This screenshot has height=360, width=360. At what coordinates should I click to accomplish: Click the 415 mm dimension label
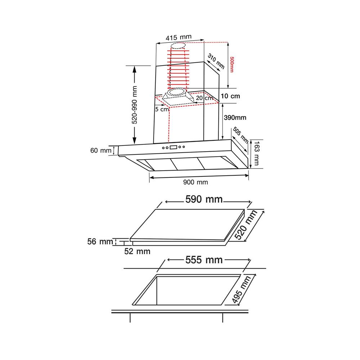tap(179, 37)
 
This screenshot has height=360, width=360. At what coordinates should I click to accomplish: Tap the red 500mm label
tap(231, 64)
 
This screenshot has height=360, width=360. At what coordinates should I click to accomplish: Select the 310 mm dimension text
tap(216, 61)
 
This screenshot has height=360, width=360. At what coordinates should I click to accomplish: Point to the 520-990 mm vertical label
tap(134, 105)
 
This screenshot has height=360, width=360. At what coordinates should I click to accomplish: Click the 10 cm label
tap(230, 96)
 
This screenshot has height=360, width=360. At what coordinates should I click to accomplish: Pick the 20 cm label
tap(204, 98)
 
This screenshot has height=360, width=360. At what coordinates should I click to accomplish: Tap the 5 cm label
tap(162, 109)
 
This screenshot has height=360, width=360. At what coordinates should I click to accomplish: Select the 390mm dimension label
tap(235, 118)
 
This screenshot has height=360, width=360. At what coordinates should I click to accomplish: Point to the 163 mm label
tap(256, 153)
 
